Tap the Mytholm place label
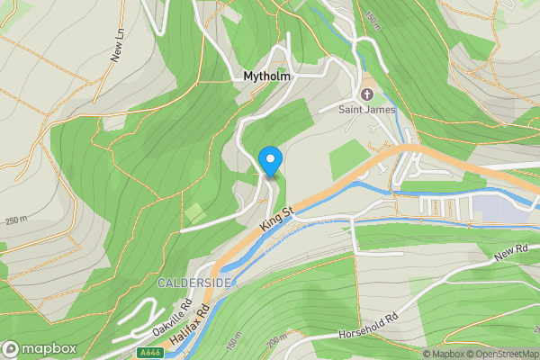(266, 77)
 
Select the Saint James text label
(367, 111)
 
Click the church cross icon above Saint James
(367, 94)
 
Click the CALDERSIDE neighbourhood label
(195, 283)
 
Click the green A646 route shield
(150, 353)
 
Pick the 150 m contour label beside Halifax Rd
(234, 343)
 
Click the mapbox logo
(40, 348)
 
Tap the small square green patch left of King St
(193, 214)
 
